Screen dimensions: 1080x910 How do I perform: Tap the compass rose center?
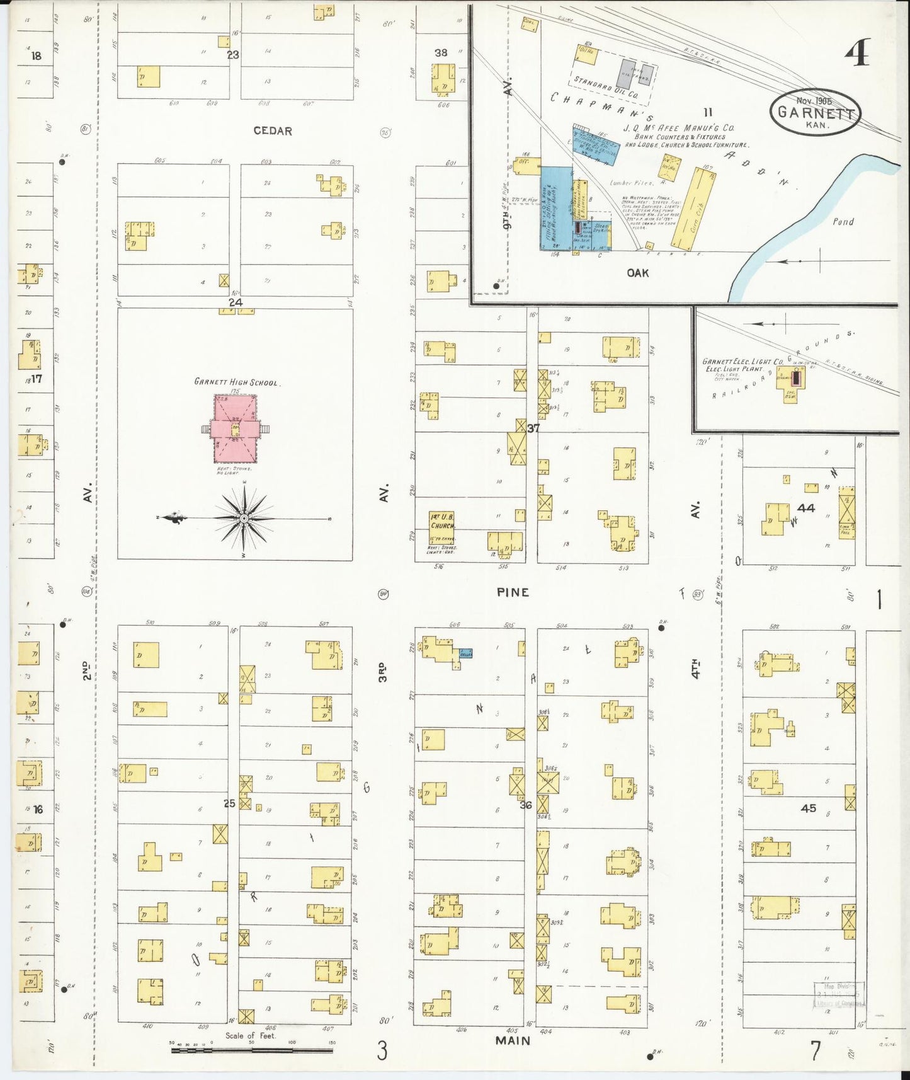coord(243,519)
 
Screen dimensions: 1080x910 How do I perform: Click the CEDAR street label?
coord(273,131)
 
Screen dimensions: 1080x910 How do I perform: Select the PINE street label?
coord(513,592)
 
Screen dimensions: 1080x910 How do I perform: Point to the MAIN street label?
coord(513,1040)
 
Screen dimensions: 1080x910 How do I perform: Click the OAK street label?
coord(637,273)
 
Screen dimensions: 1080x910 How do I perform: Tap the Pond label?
coord(843,222)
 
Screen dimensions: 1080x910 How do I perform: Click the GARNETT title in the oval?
coord(816,113)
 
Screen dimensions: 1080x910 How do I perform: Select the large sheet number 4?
coord(857,53)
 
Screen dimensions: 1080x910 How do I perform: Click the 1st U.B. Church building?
coord(442,528)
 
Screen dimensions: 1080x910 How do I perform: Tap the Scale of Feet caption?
coord(251,1036)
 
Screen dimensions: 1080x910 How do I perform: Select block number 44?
coord(805,508)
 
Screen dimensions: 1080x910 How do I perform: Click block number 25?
coord(229,803)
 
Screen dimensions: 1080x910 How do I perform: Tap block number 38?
coord(441,53)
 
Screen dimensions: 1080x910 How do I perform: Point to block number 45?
coord(809,808)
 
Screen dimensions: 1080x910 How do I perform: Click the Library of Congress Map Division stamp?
coord(838,995)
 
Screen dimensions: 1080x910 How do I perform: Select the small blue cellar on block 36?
coord(465,653)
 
